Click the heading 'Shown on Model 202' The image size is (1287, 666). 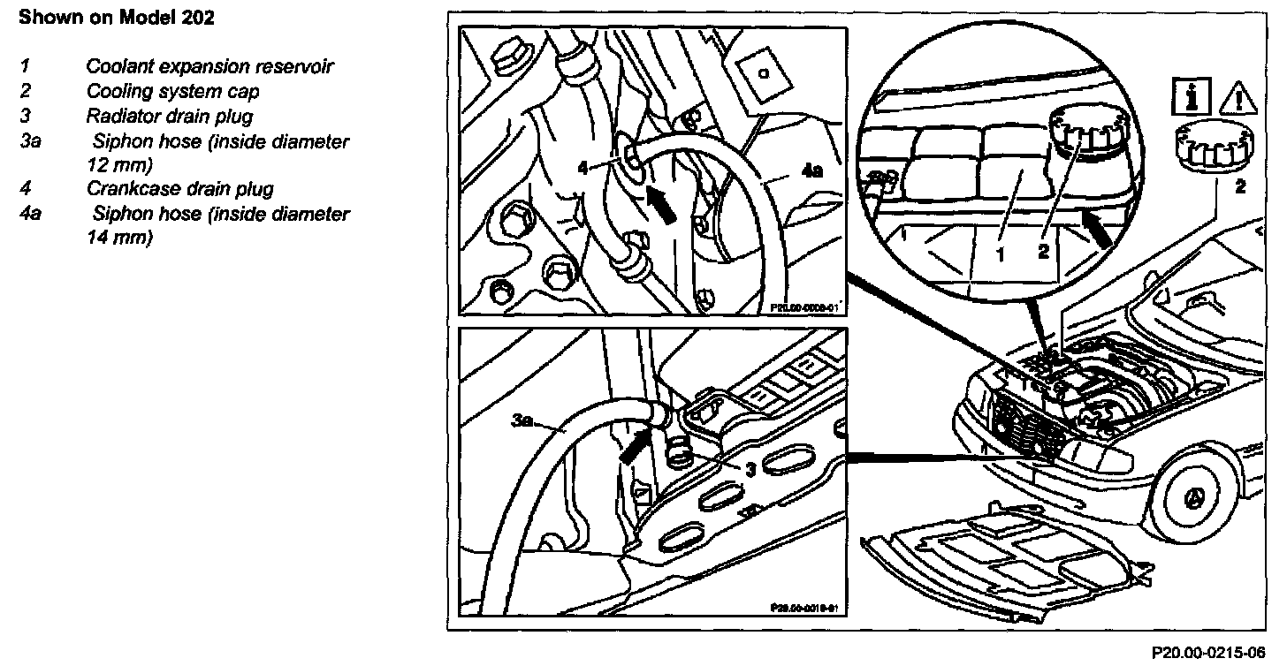[x=116, y=18]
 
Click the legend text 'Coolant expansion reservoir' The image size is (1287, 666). [x=209, y=66]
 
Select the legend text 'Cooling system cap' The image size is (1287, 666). [x=172, y=92]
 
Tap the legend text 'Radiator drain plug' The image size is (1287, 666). [x=169, y=117]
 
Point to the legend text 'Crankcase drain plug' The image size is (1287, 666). [x=179, y=188]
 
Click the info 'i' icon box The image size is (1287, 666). [x=1184, y=95]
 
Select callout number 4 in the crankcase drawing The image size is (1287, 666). [x=582, y=165]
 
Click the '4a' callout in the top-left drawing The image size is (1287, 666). [x=811, y=173]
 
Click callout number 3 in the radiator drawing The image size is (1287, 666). [x=750, y=471]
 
